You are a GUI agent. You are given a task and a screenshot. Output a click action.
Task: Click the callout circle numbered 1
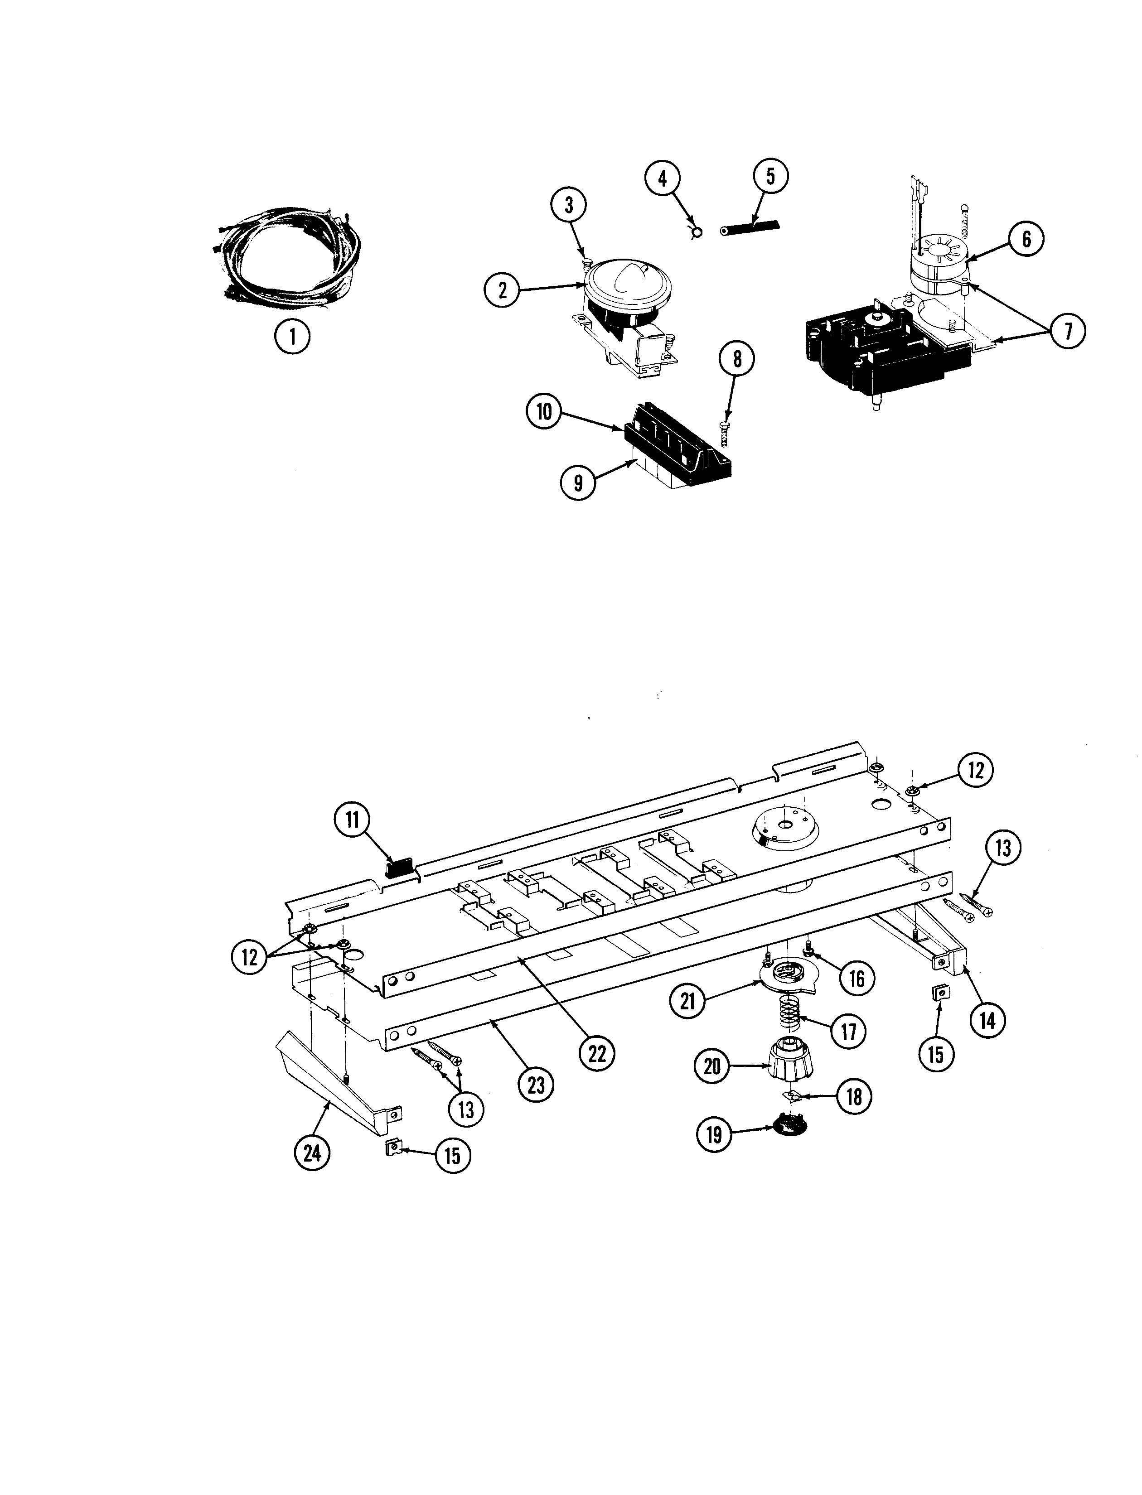293,336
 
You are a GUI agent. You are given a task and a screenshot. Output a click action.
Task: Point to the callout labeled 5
770,176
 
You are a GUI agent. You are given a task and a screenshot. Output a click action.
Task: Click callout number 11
352,820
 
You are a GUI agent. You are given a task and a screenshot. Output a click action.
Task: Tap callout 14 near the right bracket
988,1020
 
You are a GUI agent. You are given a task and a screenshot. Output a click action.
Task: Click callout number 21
689,1001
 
